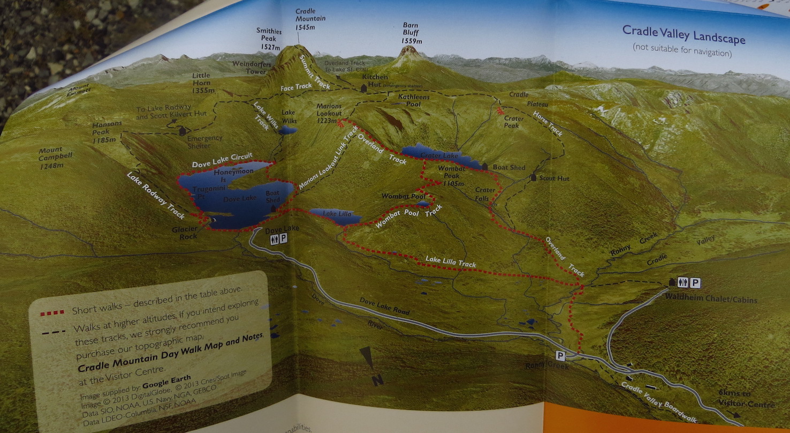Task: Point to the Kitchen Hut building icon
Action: coord(364,87)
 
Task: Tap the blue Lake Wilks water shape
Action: coord(287,130)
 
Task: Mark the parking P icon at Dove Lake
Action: coord(283,238)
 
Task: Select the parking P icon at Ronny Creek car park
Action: coord(560,355)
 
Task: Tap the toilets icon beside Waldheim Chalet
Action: coord(682,282)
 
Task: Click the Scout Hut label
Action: coord(554,178)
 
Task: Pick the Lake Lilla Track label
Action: coord(451,262)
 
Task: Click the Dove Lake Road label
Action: coord(384,306)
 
